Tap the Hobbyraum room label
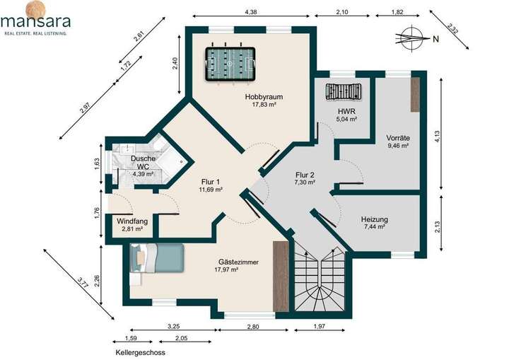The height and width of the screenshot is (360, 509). point(264,97)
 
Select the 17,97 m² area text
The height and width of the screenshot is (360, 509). point(227,269)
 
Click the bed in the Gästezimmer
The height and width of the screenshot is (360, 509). point(157,258)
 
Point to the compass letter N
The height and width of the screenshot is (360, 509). point(435,40)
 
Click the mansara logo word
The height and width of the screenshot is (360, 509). point(36,22)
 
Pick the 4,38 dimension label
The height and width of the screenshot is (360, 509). point(250,12)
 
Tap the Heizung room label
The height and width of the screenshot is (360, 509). point(374,220)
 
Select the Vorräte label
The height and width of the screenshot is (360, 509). point(398,137)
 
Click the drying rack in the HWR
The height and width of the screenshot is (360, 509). point(344,91)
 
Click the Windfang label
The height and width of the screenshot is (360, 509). point(132,221)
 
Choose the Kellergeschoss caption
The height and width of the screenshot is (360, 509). point(140,352)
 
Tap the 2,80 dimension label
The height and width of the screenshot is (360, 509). point(253,327)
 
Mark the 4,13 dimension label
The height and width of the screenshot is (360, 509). point(438,137)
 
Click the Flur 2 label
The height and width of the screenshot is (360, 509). point(305,175)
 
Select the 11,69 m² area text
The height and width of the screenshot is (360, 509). point(211,190)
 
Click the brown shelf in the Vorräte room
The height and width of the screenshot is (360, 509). point(415,95)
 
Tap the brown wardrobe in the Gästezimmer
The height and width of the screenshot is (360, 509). point(281,277)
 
